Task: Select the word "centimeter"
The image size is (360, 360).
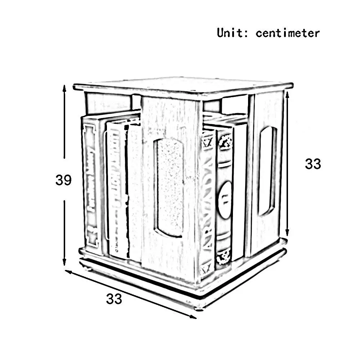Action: (x=288, y=33)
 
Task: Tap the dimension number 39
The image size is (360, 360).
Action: (x=63, y=180)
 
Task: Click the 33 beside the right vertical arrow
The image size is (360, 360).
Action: (x=312, y=164)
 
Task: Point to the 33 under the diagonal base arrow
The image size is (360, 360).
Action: (x=114, y=298)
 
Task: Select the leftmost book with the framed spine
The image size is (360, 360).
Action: (x=91, y=184)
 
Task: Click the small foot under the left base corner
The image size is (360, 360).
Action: (x=86, y=267)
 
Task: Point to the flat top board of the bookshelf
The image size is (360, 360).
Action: (x=184, y=86)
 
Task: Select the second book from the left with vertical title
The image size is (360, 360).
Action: (x=117, y=189)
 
